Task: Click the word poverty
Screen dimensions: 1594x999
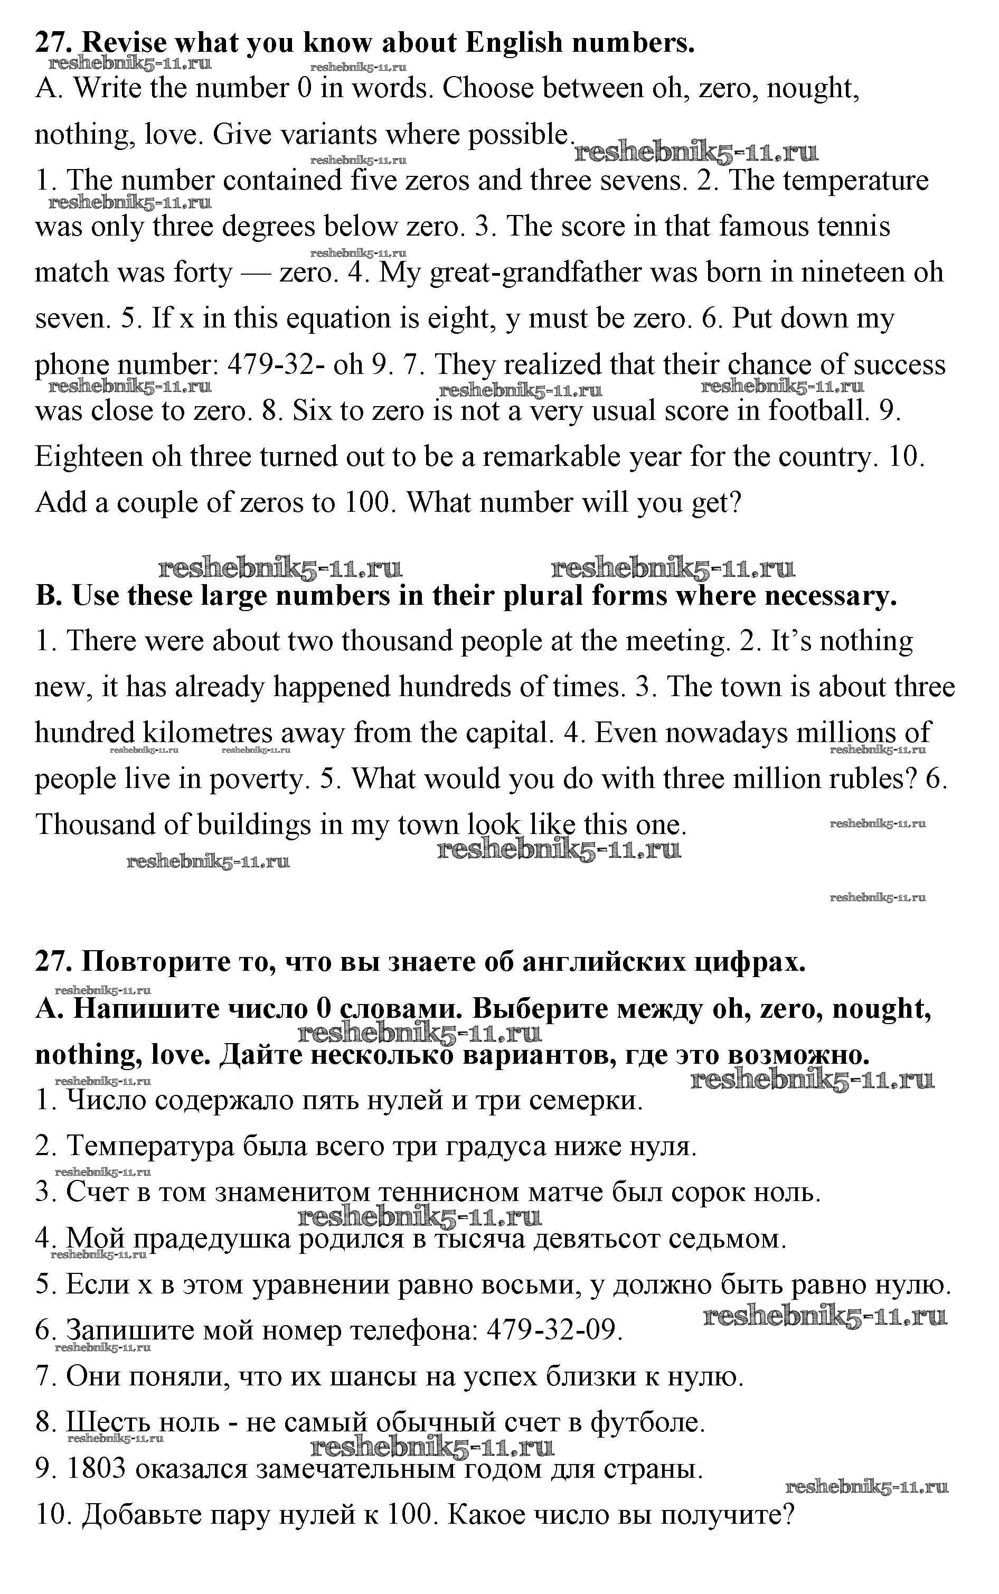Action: [256, 779]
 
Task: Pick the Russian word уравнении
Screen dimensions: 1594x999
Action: [323, 1284]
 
